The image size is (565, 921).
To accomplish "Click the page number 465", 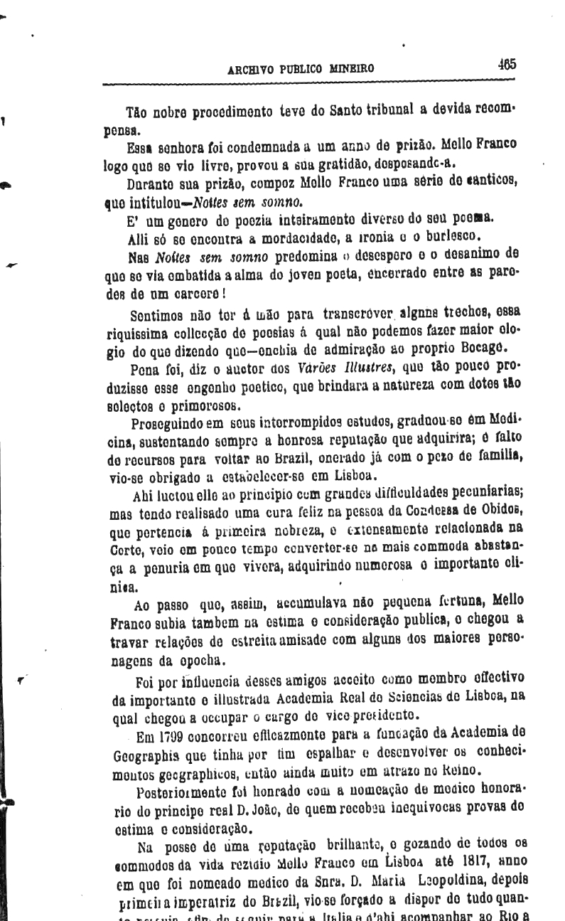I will coord(507,63).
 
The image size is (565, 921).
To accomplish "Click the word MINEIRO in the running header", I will coord(350,69).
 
